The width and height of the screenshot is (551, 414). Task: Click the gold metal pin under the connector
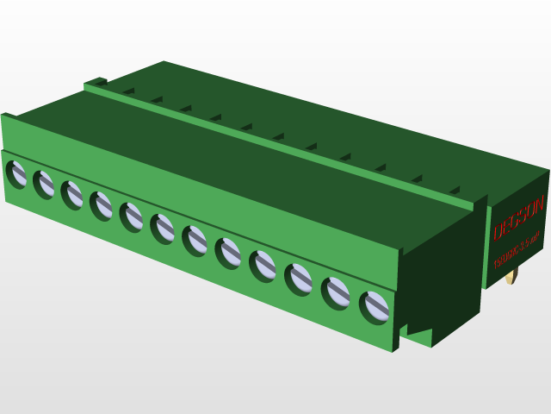pyautogui.click(x=513, y=275)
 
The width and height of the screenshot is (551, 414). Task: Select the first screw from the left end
pyautogui.click(x=17, y=174)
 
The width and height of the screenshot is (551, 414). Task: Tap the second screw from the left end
pyautogui.click(x=45, y=184)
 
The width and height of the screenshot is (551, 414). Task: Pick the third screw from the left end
pyautogui.click(x=73, y=195)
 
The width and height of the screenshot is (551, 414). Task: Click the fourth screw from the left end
pyautogui.click(x=102, y=205)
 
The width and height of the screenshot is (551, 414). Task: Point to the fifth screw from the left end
pyautogui.click(x=132, y=216)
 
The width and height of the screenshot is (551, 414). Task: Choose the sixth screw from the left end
pyautogui.click(x=163, y=229)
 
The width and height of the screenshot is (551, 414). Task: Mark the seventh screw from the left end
pyautogui.click(x=195, y=240)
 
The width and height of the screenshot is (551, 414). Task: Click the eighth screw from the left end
pyautogui.click(x=228, y=253)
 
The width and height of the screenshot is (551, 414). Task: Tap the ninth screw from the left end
pyautogui.click(x=263, y=266)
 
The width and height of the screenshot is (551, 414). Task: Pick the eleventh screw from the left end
pyautogui.click(x=336, y=292)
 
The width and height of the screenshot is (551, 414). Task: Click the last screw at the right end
pyautogui.click(x=375, y=307)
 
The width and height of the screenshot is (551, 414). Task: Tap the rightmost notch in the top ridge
pyautogui.click(x=454, y=190)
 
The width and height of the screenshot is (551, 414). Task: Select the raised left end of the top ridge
pyautogui.click(x=96, y=83)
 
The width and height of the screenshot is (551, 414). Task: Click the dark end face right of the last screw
pyautogui.click(x=439, y=276)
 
